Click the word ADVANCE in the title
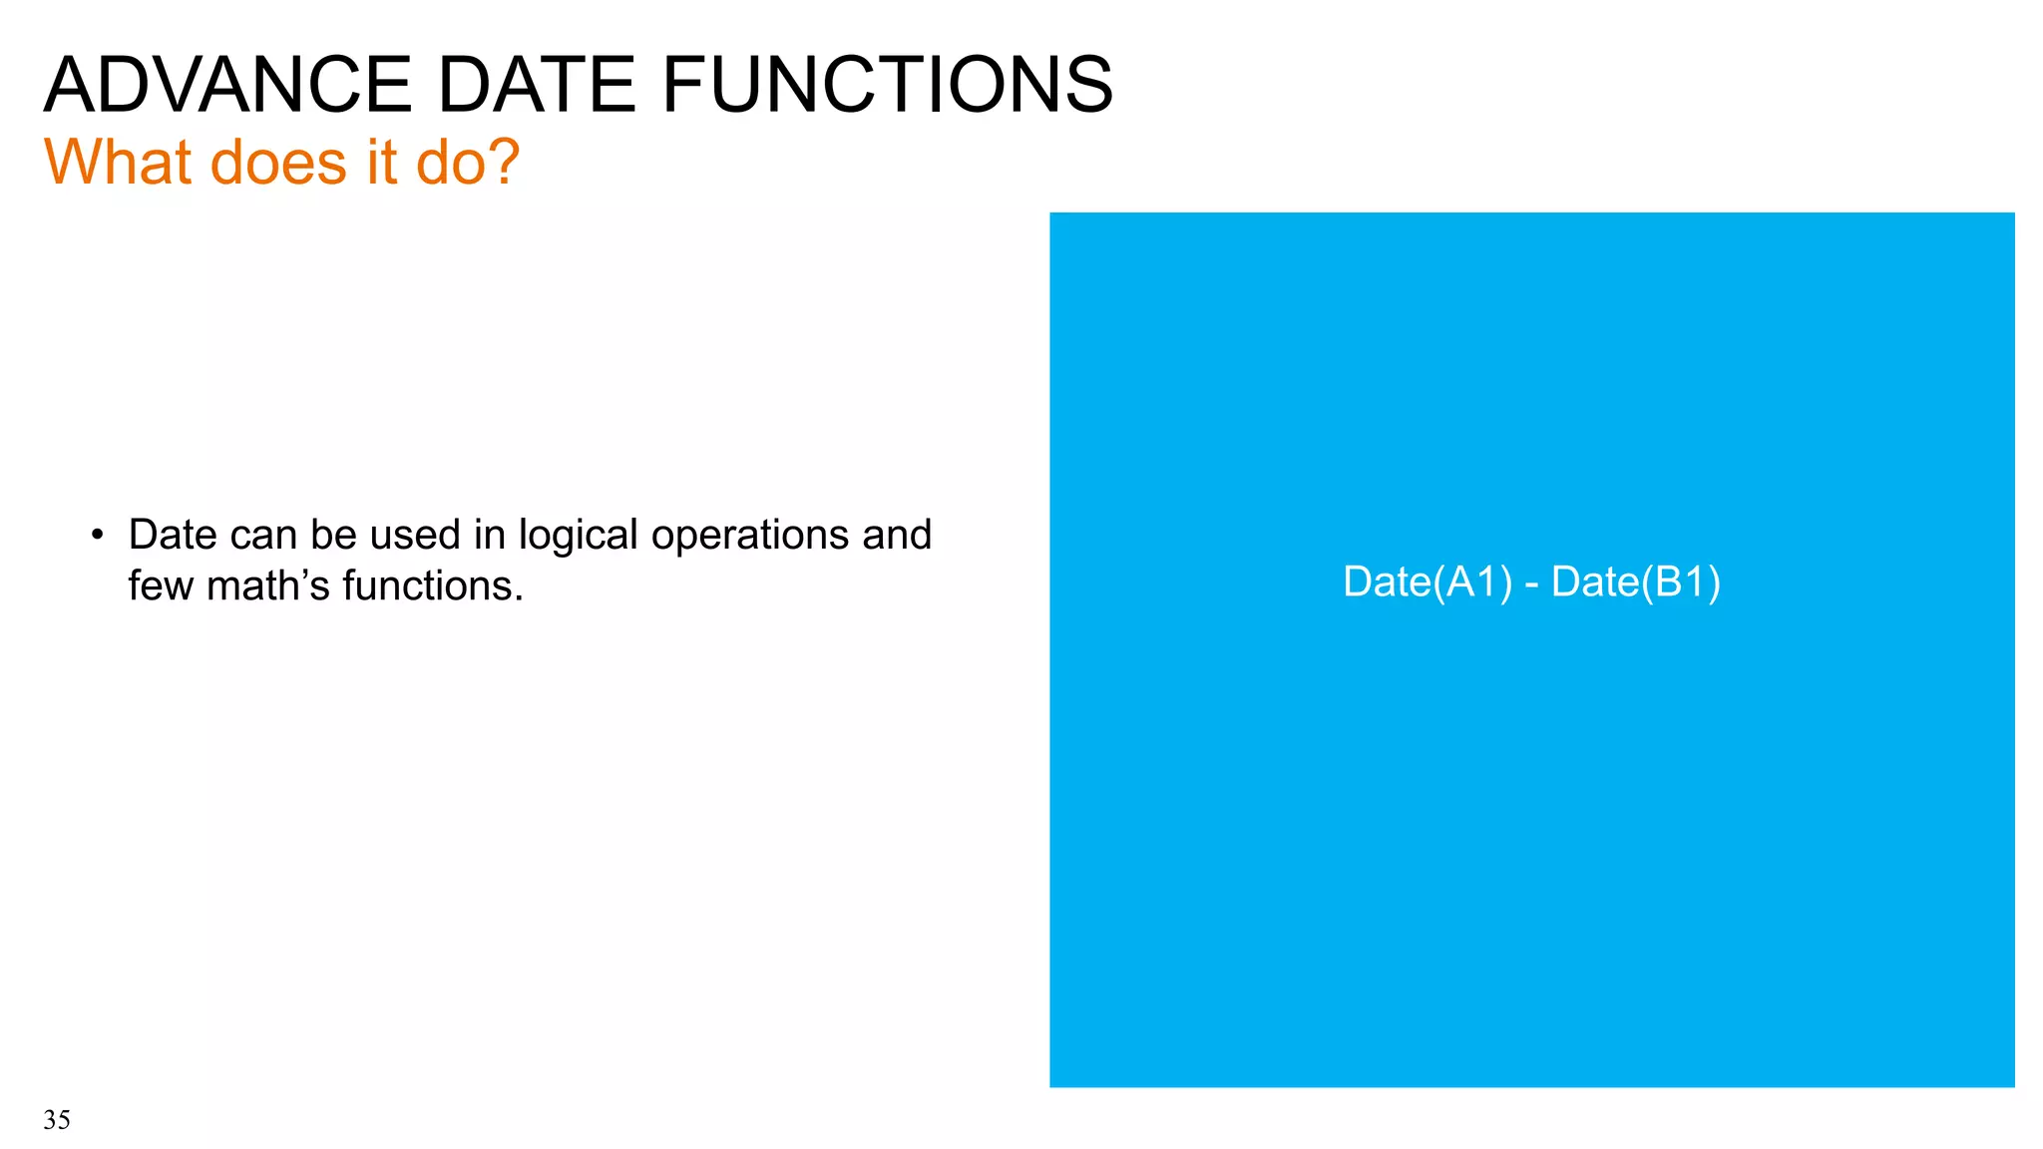[227, 86]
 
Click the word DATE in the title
[536, 86]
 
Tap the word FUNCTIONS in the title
[887, 86]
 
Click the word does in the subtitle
[278, 162]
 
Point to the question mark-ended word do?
[467, 162]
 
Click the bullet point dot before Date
[97, 536]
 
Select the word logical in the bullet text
[578, 536]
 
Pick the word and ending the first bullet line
[897, 536]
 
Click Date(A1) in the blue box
[1427, 582]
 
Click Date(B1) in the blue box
[1636, 582]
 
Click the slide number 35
[57, 1120]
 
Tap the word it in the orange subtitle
[382, 162]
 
